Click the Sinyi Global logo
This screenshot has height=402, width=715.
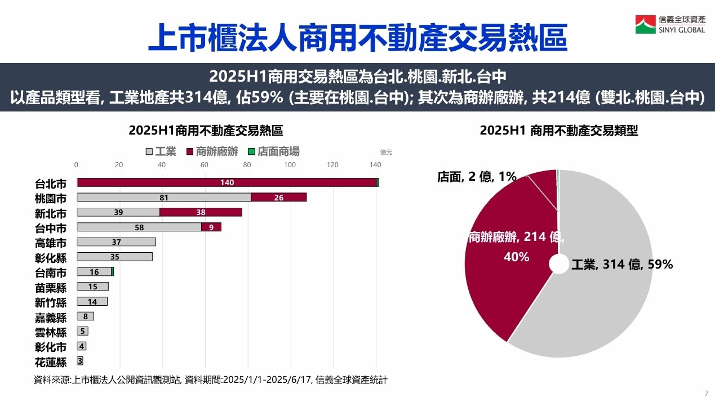click(670, 24)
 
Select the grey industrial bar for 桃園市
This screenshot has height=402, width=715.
click(163, 197)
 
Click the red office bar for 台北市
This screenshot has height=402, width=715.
click(227, 182)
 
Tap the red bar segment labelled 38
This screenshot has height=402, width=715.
click(201, 212)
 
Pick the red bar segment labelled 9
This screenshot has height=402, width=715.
click(211, 227)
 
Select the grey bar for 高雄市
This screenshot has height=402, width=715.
click(116, 242)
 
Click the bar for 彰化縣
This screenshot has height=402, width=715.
click(114, 257)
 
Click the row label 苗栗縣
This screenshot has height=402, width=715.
click(51, 288)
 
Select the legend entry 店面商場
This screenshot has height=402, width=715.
click(274, 151)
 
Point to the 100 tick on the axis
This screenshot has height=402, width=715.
click(290, 165)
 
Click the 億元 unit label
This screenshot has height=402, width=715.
click(386, 152)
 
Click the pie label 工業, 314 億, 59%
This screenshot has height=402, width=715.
click(622, 265)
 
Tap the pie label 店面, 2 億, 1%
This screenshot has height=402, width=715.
click(477, 177)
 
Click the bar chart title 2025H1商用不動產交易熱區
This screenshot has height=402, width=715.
click(206, 131)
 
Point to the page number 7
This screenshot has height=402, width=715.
click(706, 393)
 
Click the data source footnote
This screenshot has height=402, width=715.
click(211, 380)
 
